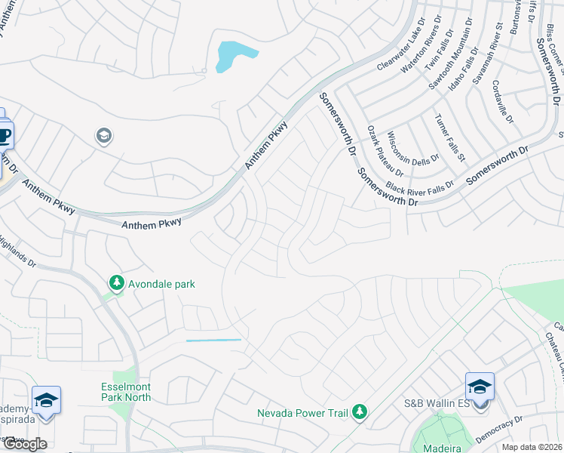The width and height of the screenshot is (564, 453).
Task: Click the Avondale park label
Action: (161, 284)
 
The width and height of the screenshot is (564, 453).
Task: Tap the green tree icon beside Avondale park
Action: (116, 283)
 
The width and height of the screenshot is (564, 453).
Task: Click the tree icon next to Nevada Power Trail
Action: (360, 411)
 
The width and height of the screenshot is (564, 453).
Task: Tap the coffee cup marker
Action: (4, 136)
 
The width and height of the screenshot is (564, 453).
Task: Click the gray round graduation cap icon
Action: (103, 136)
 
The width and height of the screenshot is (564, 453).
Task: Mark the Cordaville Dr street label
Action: (501, 102)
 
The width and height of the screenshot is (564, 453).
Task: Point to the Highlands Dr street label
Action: (17, 252)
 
